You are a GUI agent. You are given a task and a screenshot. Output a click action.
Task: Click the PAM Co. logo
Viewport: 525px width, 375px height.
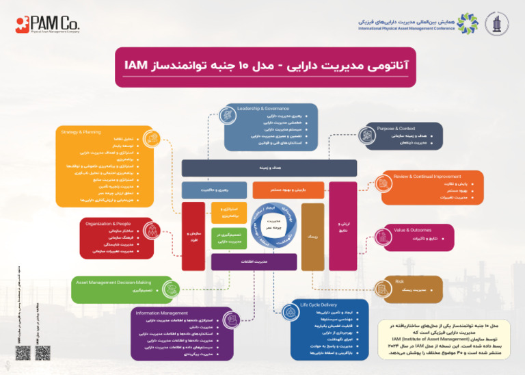[47, 25]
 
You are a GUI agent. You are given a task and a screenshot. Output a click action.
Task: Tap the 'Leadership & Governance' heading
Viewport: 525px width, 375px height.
[262, 108]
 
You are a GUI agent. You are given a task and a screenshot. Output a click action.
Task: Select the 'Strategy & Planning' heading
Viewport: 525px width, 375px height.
[81, 131]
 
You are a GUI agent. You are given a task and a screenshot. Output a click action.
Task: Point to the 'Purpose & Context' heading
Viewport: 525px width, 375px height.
[396, 129]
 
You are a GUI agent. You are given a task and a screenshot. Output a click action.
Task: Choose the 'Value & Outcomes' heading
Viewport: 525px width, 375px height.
[412, 230]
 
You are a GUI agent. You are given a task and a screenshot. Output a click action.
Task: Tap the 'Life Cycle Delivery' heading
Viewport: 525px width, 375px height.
[319, 304]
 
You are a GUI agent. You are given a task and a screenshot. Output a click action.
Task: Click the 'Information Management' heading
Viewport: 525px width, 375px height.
[162, 313]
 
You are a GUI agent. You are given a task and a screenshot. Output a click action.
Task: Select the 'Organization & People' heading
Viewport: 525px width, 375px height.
[108, 223]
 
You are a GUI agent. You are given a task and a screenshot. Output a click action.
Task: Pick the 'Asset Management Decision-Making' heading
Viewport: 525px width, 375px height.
[113, 282]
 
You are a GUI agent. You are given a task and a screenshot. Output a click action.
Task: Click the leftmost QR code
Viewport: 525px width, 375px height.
[23, 352]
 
